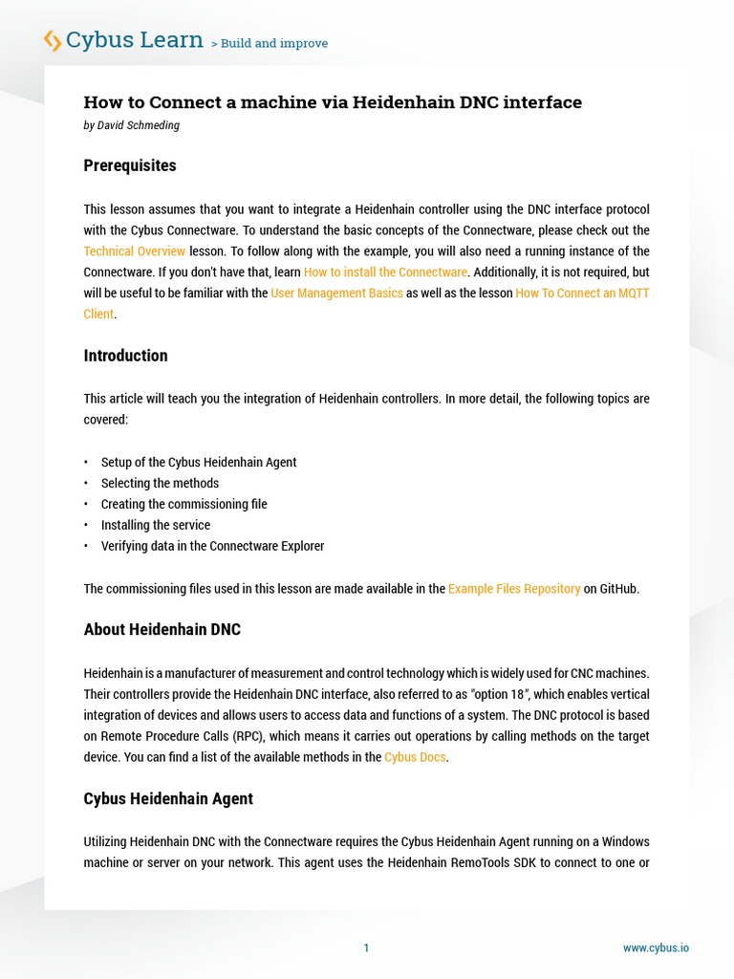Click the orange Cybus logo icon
(53, 40)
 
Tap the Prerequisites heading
(130, 165)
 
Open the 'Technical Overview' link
(135, 251)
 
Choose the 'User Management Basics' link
(336, 294)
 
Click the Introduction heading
(125, 356)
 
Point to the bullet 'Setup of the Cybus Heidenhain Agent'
(199, 463)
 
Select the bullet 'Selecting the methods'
(160, 484)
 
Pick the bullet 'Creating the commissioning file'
(183, 505)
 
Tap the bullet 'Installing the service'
(156, 526)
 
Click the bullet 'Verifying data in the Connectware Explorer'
(212, 547)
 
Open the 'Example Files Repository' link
(514, 589)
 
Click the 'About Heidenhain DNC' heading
(162, 629)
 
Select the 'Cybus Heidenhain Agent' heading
(168, 798)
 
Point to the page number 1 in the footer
(366, 948)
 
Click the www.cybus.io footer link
(656, 948)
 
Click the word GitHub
(617, 589)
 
